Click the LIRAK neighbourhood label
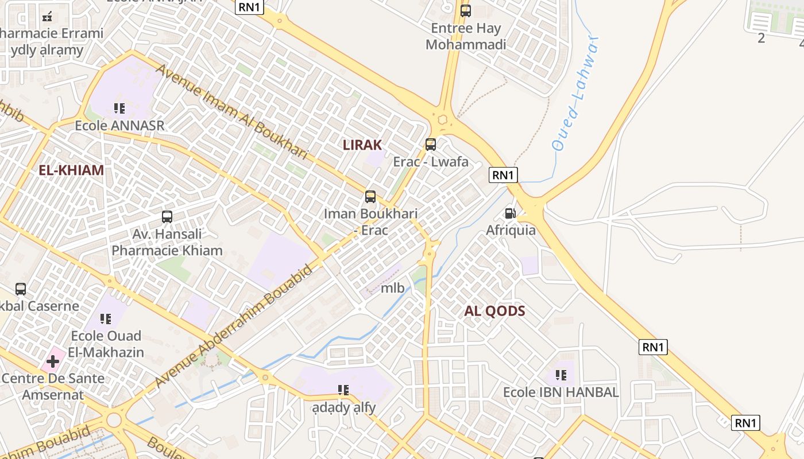click(362, 145)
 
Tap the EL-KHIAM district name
click(71, 170)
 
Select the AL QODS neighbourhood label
click(494, 311)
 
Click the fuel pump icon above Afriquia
click(510, 213)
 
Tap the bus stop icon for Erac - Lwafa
click(431, 145)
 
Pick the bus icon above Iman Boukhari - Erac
click(370, 197)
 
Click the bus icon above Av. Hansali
click(167, 217)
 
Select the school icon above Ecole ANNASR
click(119, 108)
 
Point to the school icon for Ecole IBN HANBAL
click(561, 375)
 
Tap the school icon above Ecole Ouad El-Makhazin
click(106, 318)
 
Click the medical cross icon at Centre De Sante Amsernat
click(53, 361)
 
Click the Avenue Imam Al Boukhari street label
click(231, 111)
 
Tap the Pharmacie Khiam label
click(167, 250)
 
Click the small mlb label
click(393, 287)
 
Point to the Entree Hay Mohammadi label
click(466, 36)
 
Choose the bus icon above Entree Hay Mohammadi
click(466, 10)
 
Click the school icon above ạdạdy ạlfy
click(343, 390)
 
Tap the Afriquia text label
click(511, 230)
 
